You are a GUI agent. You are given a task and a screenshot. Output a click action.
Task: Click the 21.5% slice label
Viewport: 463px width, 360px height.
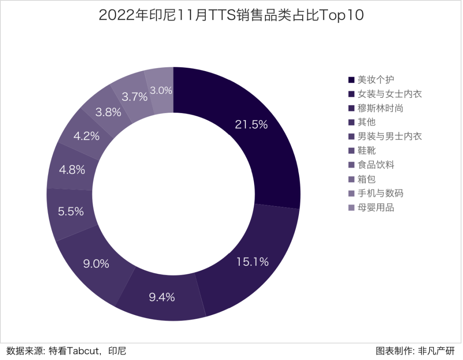pyautogui.click(x=251, y=125)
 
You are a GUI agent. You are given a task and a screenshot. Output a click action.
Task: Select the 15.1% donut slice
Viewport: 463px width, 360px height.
pyautogui.click(x=252, y=262)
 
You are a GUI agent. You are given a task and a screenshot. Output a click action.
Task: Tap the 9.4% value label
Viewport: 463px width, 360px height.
pyautogui.click(x=162, y=297)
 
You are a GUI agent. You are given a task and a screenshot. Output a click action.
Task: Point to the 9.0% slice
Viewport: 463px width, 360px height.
pyautogui.click(x=96, y=263)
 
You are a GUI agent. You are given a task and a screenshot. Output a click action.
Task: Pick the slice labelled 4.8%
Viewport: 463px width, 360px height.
pyautogui.click(x=72, y=170)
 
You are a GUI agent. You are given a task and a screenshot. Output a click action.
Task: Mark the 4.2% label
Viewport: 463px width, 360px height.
pyautogui.click(x=86, y=136)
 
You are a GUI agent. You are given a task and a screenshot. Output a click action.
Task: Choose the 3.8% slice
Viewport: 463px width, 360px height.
pyautogui.click(x=108, y=113)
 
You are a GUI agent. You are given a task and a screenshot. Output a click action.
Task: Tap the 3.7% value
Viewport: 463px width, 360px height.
pyautogui.click(x=134, y=97)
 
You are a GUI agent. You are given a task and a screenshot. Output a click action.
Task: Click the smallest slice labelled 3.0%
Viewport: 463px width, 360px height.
pyautogui.click(x=161, y=90)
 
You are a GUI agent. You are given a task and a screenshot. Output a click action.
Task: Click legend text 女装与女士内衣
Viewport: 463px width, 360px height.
pyautogui.click(x=389, y=94)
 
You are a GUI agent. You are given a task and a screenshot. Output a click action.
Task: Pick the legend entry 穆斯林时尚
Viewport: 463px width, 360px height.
pyautogui.click(x=380, y=108)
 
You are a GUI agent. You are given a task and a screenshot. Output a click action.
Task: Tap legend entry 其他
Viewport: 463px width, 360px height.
pyautogui.click(x=366, y=122)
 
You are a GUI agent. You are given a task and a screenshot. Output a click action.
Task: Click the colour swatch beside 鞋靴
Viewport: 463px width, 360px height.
pyautogui.click(x=351, y=151)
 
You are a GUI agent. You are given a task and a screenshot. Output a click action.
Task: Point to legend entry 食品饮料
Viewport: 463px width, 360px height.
pyautogui.click(x=376, y=165)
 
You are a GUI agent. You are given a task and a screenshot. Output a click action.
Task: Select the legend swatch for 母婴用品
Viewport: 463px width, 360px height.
pyautogui.click(x=351, y=208)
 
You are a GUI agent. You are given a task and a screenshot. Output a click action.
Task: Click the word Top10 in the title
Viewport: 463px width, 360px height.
pyautogui.click(x=341, y=15)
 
